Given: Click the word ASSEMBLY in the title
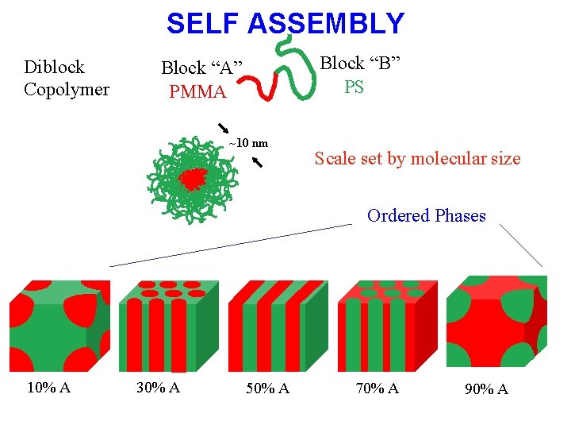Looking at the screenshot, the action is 326,24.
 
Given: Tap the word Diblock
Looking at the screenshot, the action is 54,67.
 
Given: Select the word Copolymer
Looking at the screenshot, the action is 67,89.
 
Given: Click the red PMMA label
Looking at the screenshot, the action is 197,92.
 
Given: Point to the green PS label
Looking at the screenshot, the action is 354,87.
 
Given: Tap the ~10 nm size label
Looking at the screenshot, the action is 248,143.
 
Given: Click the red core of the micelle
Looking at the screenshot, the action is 190,179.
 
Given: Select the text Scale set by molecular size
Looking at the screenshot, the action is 417,158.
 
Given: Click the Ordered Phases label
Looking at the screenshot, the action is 426,215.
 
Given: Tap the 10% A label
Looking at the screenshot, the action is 49,387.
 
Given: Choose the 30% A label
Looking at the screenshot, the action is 158,387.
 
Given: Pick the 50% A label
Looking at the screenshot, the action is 267,388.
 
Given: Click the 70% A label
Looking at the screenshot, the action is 377,388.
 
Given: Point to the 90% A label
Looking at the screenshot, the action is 486,388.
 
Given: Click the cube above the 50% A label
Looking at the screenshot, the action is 277,325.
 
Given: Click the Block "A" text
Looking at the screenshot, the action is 201,68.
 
